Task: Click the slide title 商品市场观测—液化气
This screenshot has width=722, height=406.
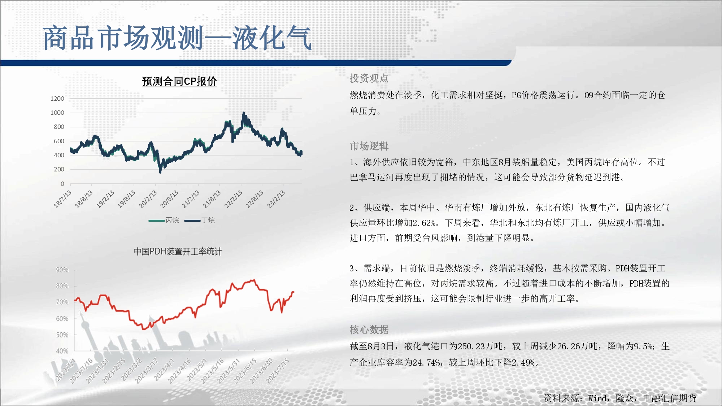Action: coord(177,38)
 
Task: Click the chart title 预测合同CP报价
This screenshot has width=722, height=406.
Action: coord(179,82)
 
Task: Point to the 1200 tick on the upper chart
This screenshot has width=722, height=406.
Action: coord(57,99)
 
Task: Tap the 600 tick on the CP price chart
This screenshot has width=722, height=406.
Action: coord(59,141)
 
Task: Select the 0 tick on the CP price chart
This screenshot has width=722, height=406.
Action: coord(62,184)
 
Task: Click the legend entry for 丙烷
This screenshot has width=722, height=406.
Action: coord(164,220)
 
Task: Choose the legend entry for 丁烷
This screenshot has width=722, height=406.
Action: coord(200,220)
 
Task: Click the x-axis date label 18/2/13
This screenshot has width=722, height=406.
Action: coord(63,199)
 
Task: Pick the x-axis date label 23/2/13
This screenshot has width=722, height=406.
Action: coord(276,199)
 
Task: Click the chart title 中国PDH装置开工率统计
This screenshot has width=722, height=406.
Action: coord(178,251)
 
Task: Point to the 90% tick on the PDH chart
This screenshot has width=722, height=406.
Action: coord(62,270)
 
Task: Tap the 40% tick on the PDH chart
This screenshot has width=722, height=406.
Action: coord(62,351)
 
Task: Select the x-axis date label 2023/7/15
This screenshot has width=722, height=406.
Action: coord(278,371)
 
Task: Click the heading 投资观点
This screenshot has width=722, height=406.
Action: coord(369,78)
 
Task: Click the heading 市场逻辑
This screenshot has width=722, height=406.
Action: coord(369,146)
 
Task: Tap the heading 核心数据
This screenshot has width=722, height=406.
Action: coord(369,329)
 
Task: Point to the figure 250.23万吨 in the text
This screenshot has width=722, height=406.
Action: coord(476,346)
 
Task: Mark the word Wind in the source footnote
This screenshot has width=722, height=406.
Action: coord(597,398)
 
